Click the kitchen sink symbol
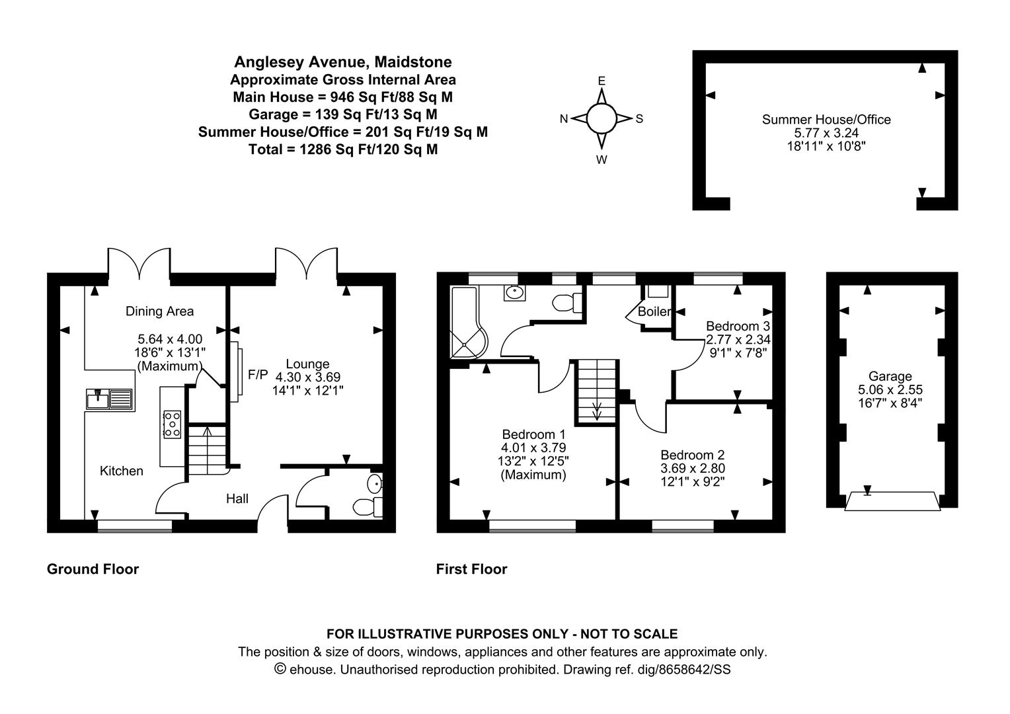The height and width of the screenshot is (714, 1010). pyautogui.click(x=110, y=399)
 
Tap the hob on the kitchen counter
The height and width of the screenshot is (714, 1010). pyautogui.click(x=173, y=424)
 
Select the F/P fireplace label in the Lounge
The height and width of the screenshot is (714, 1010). pyautogui.click(x=258, y=374)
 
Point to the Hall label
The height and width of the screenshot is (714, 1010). pyautogui.click(x=237, y=498)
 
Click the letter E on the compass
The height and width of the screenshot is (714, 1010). pyautogui.click(x=602, y=81)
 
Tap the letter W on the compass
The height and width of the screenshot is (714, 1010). pyautogui.click(x=602, y=160)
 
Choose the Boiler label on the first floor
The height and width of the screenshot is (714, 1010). pyautogui.click(x=654, y=311)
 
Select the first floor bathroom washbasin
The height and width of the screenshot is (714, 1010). pyautogui.click(x=514, y=293)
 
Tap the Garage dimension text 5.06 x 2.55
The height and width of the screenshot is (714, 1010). pyautogui.click(x=890, y=389)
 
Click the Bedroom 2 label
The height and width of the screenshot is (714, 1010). pyautogui.click(x=693, y=455)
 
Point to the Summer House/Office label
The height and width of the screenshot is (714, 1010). pyautogui.click(x=826, y=120)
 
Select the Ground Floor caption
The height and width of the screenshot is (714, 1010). pyautogui.click(x=93, y=569)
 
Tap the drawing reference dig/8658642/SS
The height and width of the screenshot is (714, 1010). pyautogui.click(x=684, y=669)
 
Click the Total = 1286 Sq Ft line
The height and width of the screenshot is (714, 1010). pyautogui.click(x=343, y=149)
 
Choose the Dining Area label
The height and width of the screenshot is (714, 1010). pyautogui.click(x=159, y=311)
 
